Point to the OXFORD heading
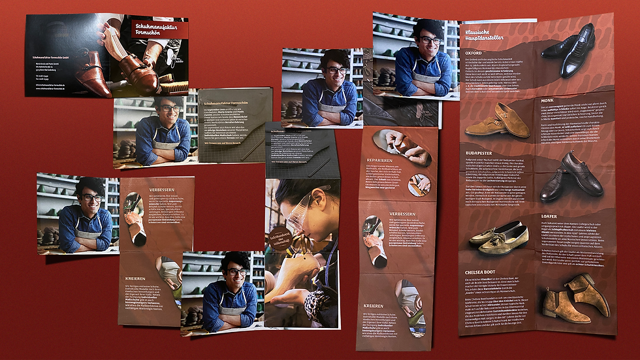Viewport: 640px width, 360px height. click(x=475, y=52)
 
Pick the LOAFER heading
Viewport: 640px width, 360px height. click(x=549, y=216)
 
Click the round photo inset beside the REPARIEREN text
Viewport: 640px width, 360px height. click(x=419, y=184)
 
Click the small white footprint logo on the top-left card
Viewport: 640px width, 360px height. click(x=172, y=59)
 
